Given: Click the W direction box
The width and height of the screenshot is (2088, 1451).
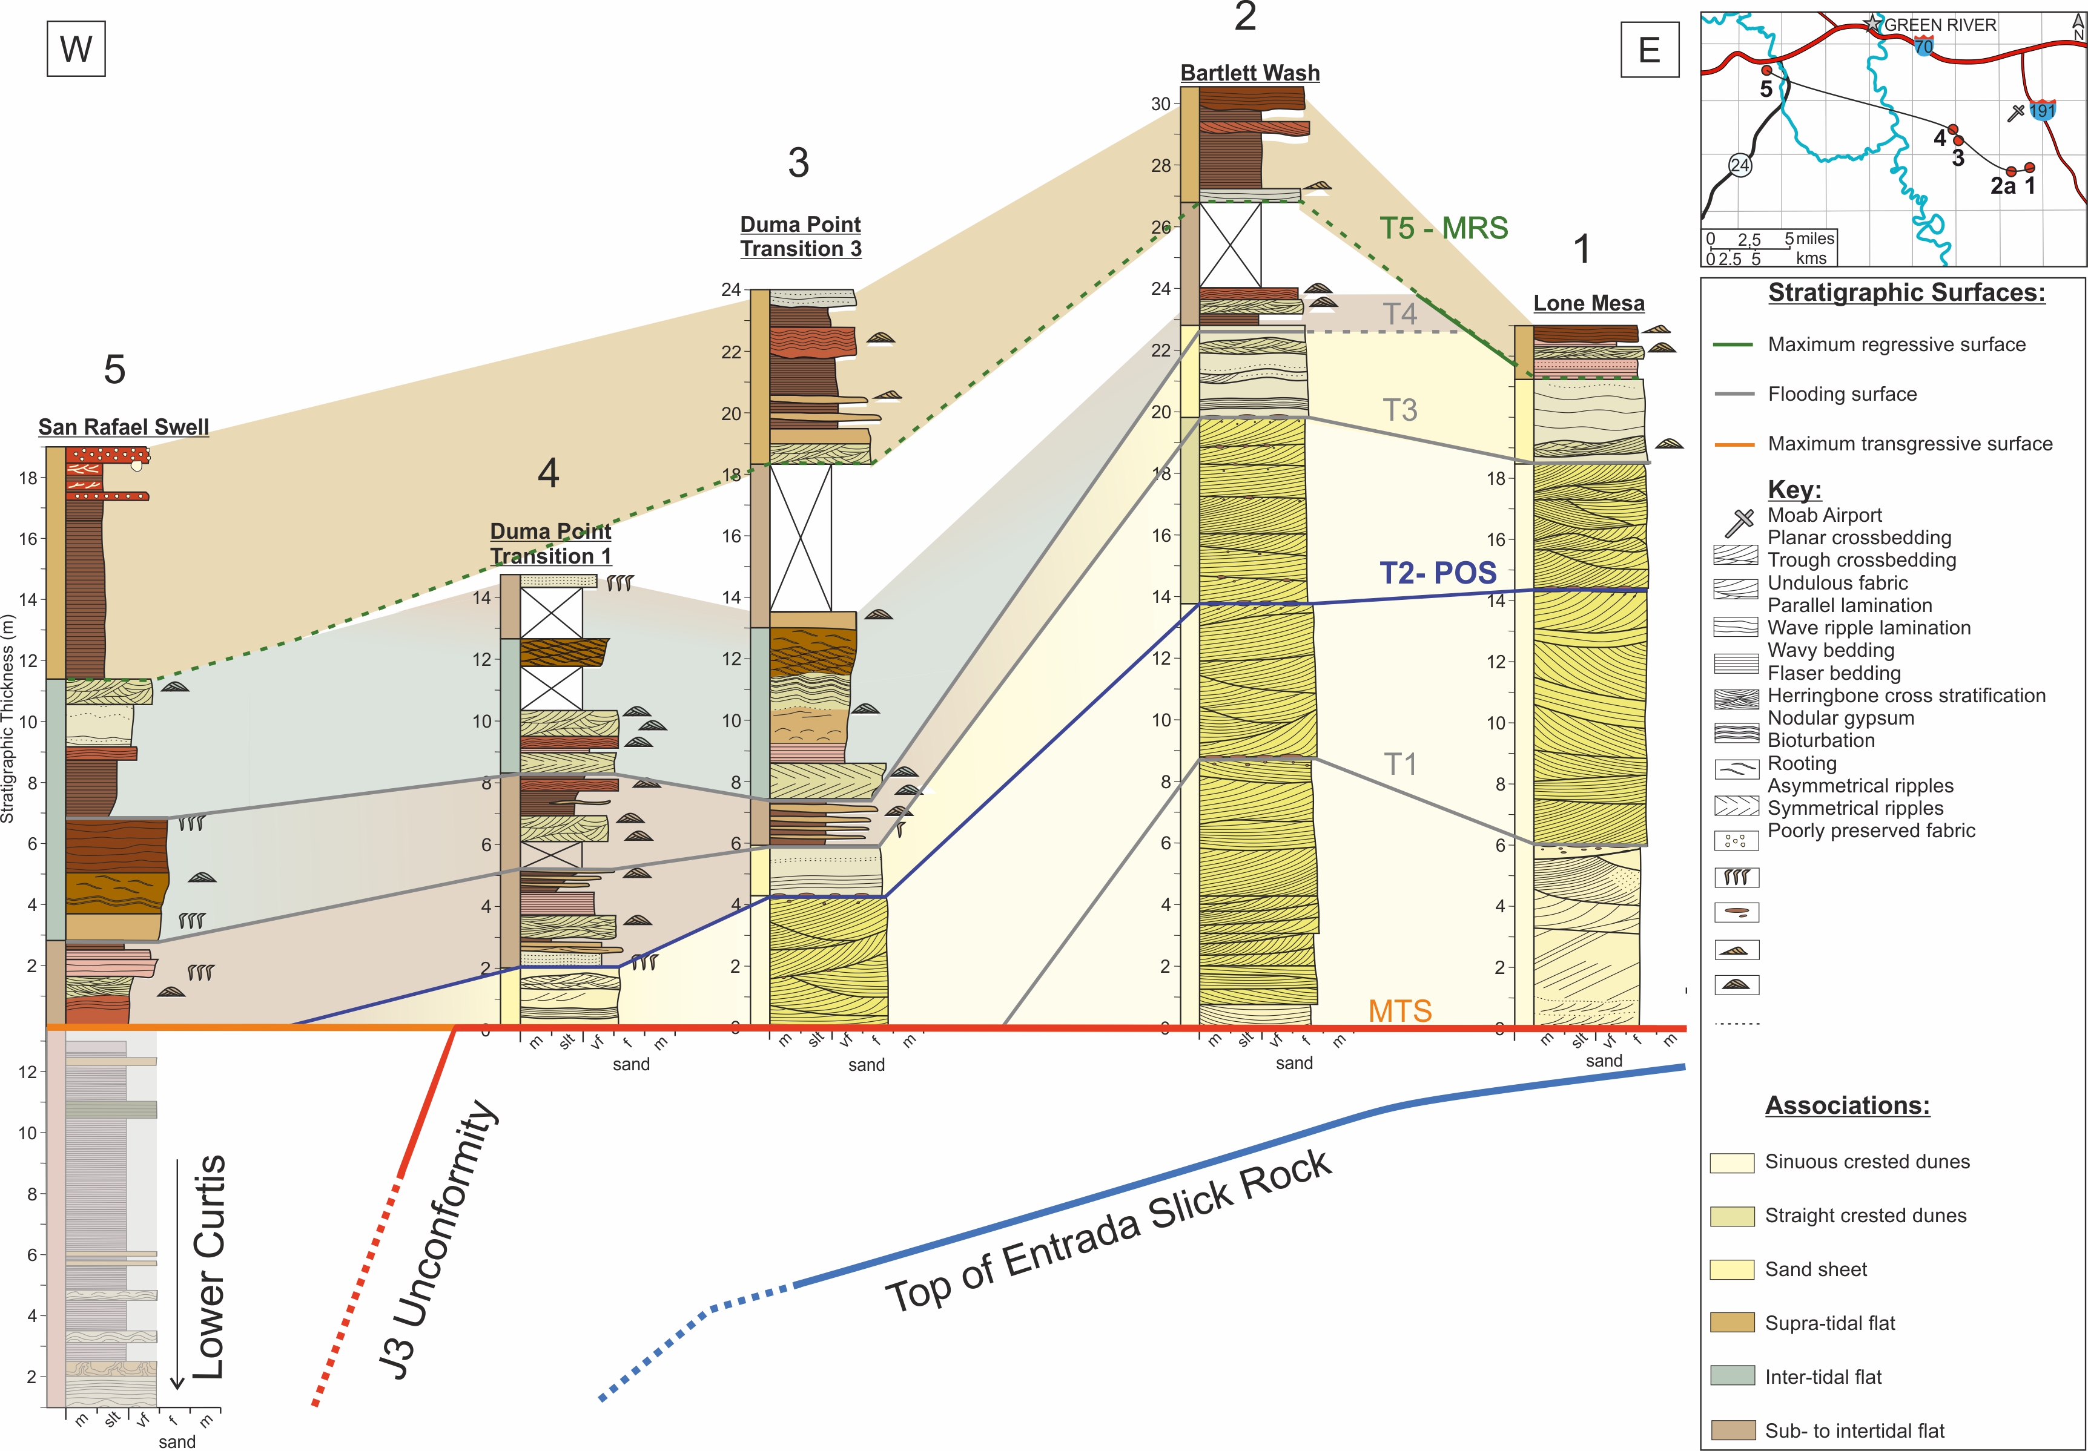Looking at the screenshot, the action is click(x=76, y=48).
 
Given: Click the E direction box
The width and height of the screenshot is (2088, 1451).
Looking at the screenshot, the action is click(x=1650, y=49).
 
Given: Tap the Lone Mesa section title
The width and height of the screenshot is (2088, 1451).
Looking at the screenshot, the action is click(x=1589, y=304).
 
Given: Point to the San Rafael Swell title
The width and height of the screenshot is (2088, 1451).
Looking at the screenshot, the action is click(x=124, y=427).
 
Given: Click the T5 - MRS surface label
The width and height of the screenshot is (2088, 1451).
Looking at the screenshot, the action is click(x=1443, y=228).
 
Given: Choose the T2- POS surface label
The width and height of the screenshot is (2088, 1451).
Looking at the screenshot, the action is click(x=1438, y=573).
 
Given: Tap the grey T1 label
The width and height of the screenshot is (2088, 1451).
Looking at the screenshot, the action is click(x=1401, y=765).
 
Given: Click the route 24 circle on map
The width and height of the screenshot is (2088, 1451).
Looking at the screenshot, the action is click(x=1740, y=165).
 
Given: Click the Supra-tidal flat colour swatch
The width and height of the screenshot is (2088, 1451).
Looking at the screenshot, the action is click(x=1731, y=1323).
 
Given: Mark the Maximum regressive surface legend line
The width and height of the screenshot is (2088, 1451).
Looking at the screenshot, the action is click(x=1733, y=344).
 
